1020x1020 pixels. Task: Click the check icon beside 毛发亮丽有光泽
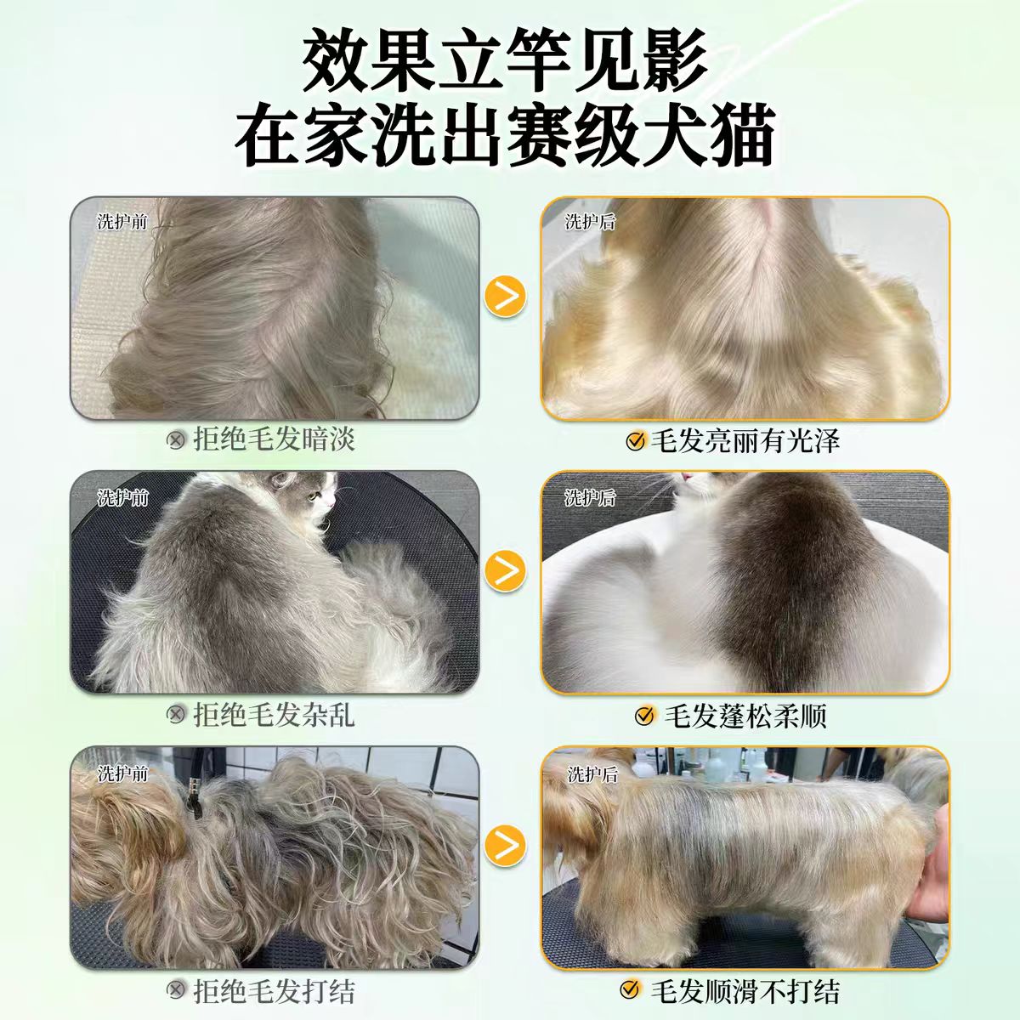click(635, 440)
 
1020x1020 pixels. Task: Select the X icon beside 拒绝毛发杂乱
click(176, 715)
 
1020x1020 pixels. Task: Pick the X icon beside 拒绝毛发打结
click(176, 990)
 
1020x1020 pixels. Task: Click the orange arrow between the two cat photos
click(506, 570)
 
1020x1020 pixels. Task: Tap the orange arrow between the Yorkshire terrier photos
click(506, 845)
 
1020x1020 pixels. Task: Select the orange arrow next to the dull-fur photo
click(506, 295)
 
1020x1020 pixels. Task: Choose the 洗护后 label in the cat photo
click(590, 497)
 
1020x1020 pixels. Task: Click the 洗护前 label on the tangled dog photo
click(122, 773)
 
